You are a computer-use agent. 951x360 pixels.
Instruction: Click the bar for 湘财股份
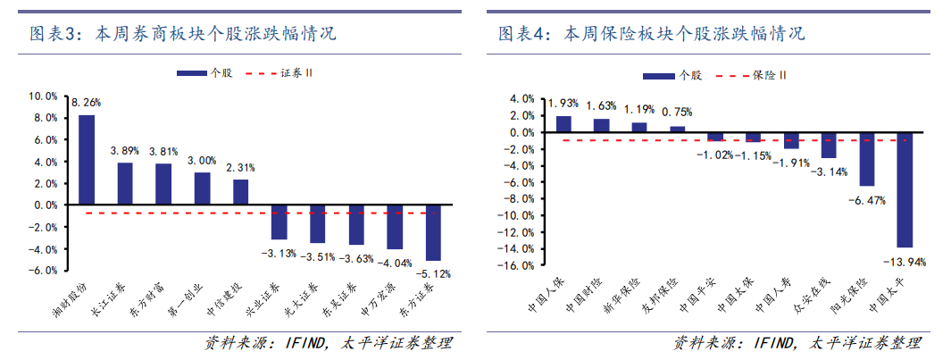87,160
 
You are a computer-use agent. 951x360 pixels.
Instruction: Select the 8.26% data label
86,104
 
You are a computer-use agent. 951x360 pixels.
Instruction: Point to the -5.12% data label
433,273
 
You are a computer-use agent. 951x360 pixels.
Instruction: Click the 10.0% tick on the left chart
44,96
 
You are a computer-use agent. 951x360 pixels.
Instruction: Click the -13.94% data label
905,262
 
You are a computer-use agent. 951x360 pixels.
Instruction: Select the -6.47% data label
866,201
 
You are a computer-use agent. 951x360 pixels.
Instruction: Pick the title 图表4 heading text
651,35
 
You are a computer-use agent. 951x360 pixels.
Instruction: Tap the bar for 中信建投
240,192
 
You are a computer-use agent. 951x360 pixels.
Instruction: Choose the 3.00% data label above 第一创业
202,160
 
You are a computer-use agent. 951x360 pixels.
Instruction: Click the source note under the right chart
796,344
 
